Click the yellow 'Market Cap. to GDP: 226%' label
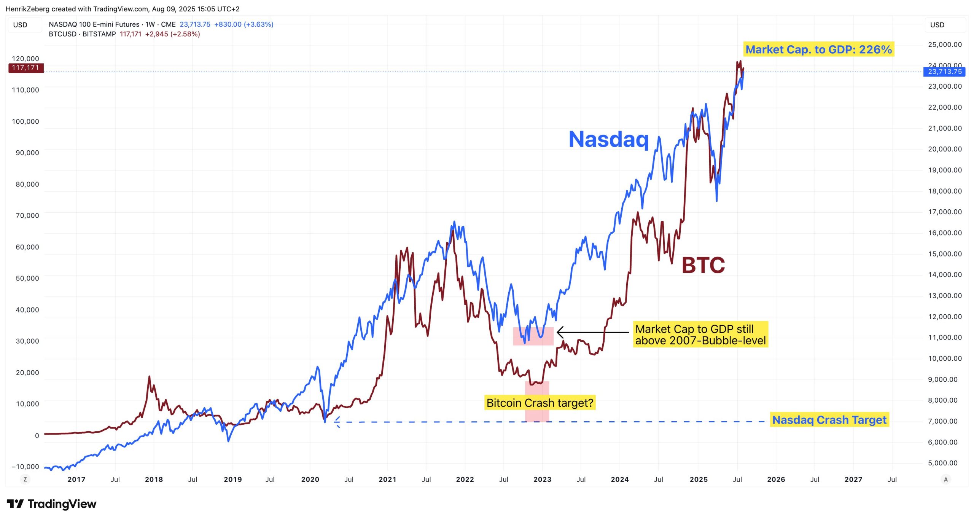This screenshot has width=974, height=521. pos(818,49)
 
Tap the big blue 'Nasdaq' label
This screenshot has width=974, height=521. pos(608,139)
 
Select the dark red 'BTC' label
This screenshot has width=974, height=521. pos(703,265)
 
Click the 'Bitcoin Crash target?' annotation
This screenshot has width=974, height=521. pos(540,403)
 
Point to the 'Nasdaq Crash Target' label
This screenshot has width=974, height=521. pos(829,420)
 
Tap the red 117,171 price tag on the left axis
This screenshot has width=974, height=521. pos(25,68)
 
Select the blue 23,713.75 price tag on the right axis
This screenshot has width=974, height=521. pos(944,72)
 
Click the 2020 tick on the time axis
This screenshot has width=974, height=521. pos(310,480)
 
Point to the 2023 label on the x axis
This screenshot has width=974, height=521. pos(542,480)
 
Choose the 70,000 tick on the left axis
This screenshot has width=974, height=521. pos(27,215)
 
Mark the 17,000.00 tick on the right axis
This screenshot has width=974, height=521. pos(945,212)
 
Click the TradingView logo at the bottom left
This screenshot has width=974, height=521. pos(51,504)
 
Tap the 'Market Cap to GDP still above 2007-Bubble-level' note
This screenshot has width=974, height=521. pos(700,335)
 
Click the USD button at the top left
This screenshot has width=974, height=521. pos(21,25)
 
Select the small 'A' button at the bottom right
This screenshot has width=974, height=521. pos(946,479)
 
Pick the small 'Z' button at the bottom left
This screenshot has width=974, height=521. pos(25,479)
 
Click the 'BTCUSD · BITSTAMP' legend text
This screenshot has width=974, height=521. pos(82,34)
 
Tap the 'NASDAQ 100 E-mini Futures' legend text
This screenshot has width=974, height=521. pos(94,24)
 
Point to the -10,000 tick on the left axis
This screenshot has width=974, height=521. pos(25,467)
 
